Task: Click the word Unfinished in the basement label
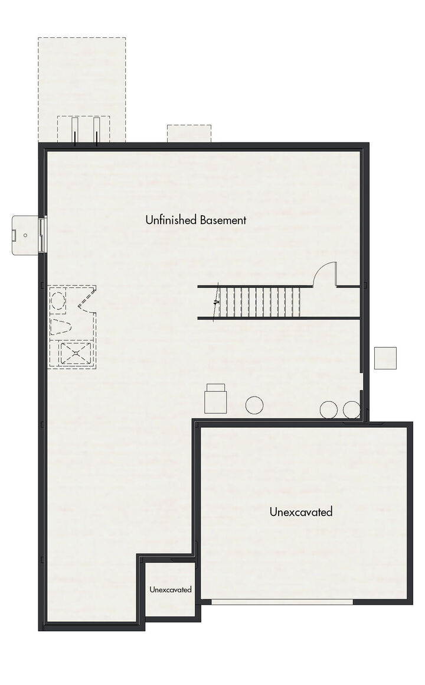coord(170,220)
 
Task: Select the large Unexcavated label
coord(301,512)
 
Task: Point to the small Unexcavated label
coord(171,589)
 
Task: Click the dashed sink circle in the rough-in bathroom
coord(58,299)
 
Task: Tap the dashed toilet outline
coord(61,326)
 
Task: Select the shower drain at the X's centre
coord(74,354)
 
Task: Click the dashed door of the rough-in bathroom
coord(87,299)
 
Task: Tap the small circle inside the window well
coord(25,235)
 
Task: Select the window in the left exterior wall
coord(42,235)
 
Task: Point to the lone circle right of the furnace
coord(254,405)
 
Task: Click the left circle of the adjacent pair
coord(328,410)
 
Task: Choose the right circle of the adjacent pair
coord(351,410)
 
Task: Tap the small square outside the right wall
coord(385,358)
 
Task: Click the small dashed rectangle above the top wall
coord(189,133)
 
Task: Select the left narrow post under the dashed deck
coord(75,131)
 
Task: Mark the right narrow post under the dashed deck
coord(96,131)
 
